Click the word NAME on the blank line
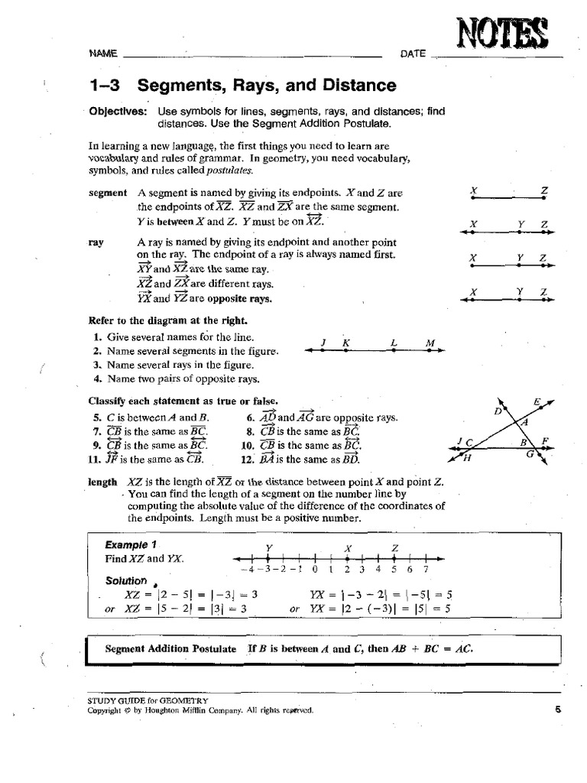(x=103, y=54)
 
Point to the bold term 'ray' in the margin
(x=96, y=241)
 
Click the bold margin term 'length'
(x=102, y=482)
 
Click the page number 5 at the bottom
(x=559, y=710)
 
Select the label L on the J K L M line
(x=392, y=343)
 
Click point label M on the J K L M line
(x=430, y=343)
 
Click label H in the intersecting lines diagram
(x=466, y=458)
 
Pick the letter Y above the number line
(x=268, y=547)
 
